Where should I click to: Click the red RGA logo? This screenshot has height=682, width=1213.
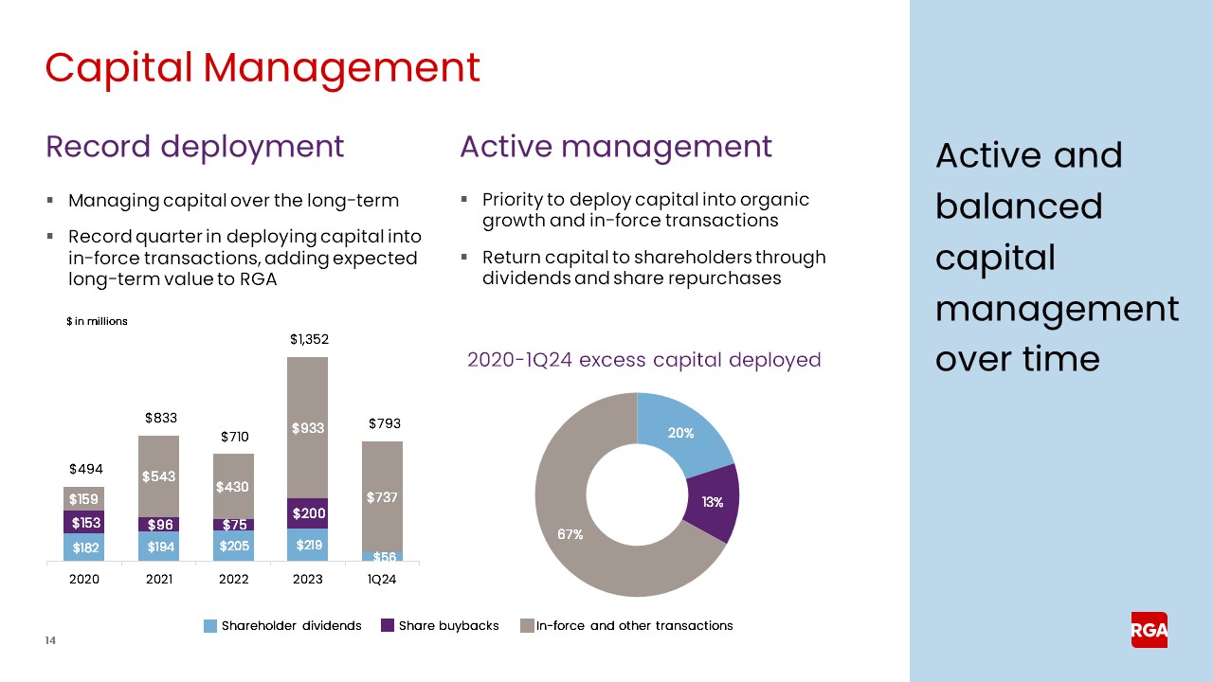point(1149,630)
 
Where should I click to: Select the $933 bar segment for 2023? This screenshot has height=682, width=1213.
point(307,428)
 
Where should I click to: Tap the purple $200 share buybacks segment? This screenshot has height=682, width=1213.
point(307,513)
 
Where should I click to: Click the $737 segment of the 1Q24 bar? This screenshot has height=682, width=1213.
point(381,496)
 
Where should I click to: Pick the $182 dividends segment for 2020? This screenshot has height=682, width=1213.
point(84,547)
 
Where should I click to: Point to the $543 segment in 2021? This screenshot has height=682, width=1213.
point(158,476)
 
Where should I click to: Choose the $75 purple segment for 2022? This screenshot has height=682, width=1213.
point(233,525)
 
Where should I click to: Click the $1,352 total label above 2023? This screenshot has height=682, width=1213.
point(308,338)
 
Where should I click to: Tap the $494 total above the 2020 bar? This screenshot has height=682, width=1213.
point(85,469)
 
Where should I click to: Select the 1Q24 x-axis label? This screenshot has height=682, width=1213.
point(381,579)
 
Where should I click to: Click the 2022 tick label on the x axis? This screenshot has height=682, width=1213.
point(233,579)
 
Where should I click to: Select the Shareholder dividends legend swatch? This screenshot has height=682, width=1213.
point(211,626)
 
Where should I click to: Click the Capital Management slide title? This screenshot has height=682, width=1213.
point(263,67)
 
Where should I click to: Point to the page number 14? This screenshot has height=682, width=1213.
point(50,641)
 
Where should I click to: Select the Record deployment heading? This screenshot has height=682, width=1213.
point(194,147)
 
